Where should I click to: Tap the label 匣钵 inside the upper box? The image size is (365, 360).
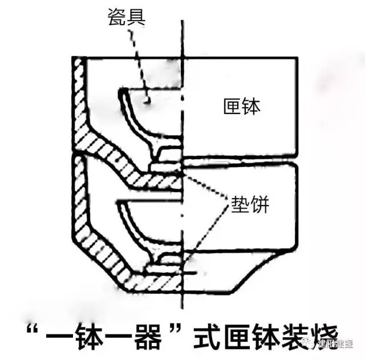tap(242, 107)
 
